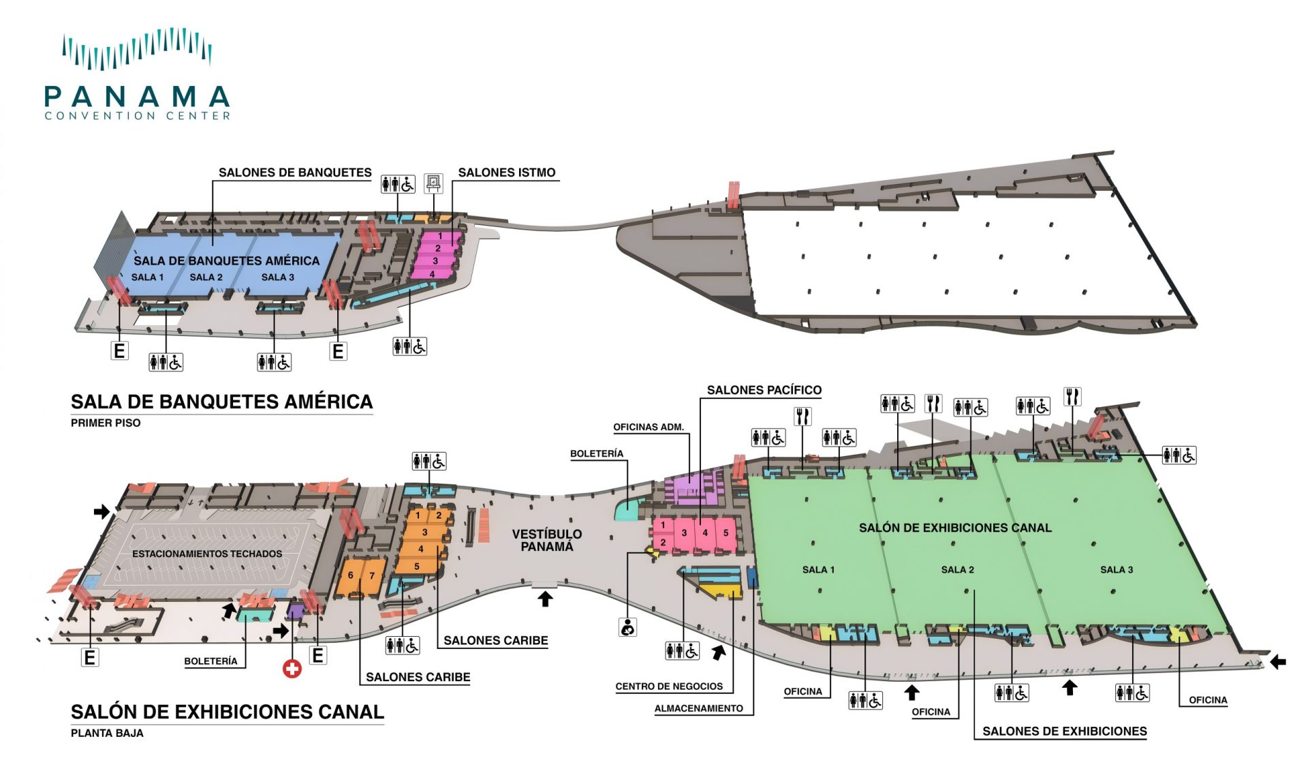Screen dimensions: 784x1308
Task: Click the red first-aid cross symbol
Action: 292,669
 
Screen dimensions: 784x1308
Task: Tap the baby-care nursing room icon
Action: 627,627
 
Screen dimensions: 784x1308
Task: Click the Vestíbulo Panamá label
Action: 547,540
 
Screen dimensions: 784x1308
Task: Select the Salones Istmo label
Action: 506,172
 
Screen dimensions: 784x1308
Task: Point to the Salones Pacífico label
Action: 764,390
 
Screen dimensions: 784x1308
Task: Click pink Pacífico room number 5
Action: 726,532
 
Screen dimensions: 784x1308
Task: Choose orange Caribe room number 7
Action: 372,575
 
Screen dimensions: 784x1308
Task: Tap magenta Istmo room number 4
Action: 432,274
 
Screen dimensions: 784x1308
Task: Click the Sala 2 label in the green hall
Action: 957,569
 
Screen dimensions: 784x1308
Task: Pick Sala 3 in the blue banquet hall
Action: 277,277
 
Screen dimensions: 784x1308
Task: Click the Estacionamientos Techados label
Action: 207,554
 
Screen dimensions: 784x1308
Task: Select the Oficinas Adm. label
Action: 648,427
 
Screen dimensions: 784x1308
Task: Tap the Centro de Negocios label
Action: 669,687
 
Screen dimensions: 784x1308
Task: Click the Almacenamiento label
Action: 698,708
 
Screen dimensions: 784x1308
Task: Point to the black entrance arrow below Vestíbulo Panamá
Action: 545,599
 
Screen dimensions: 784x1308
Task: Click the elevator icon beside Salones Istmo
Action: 433,183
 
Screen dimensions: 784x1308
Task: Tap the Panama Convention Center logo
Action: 137,75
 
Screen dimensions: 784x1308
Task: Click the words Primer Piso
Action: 106,423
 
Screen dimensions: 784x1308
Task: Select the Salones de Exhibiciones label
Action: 1064,731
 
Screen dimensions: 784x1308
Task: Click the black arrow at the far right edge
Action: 1278,661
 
